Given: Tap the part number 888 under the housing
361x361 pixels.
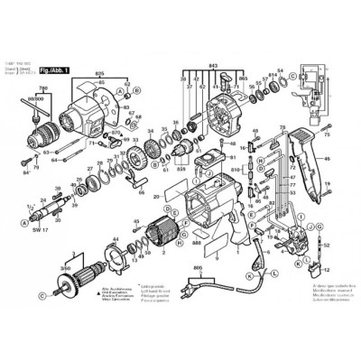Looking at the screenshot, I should [197, 244].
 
